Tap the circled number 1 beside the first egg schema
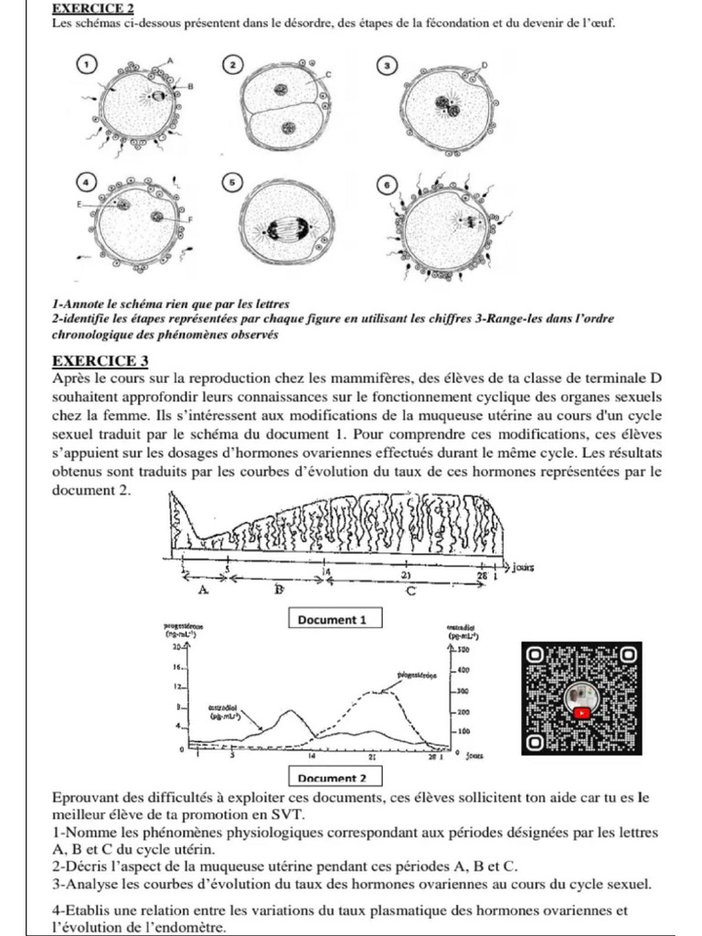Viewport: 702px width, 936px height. [x=87, y=64]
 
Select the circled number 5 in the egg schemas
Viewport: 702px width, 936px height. [x=233, y=183]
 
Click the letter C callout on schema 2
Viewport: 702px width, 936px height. [x=328, y=72]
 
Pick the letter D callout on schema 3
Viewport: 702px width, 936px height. [x=484, y=66]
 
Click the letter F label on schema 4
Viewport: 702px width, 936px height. [x=190, y=220]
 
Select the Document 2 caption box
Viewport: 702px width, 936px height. [x=333, y=778]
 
